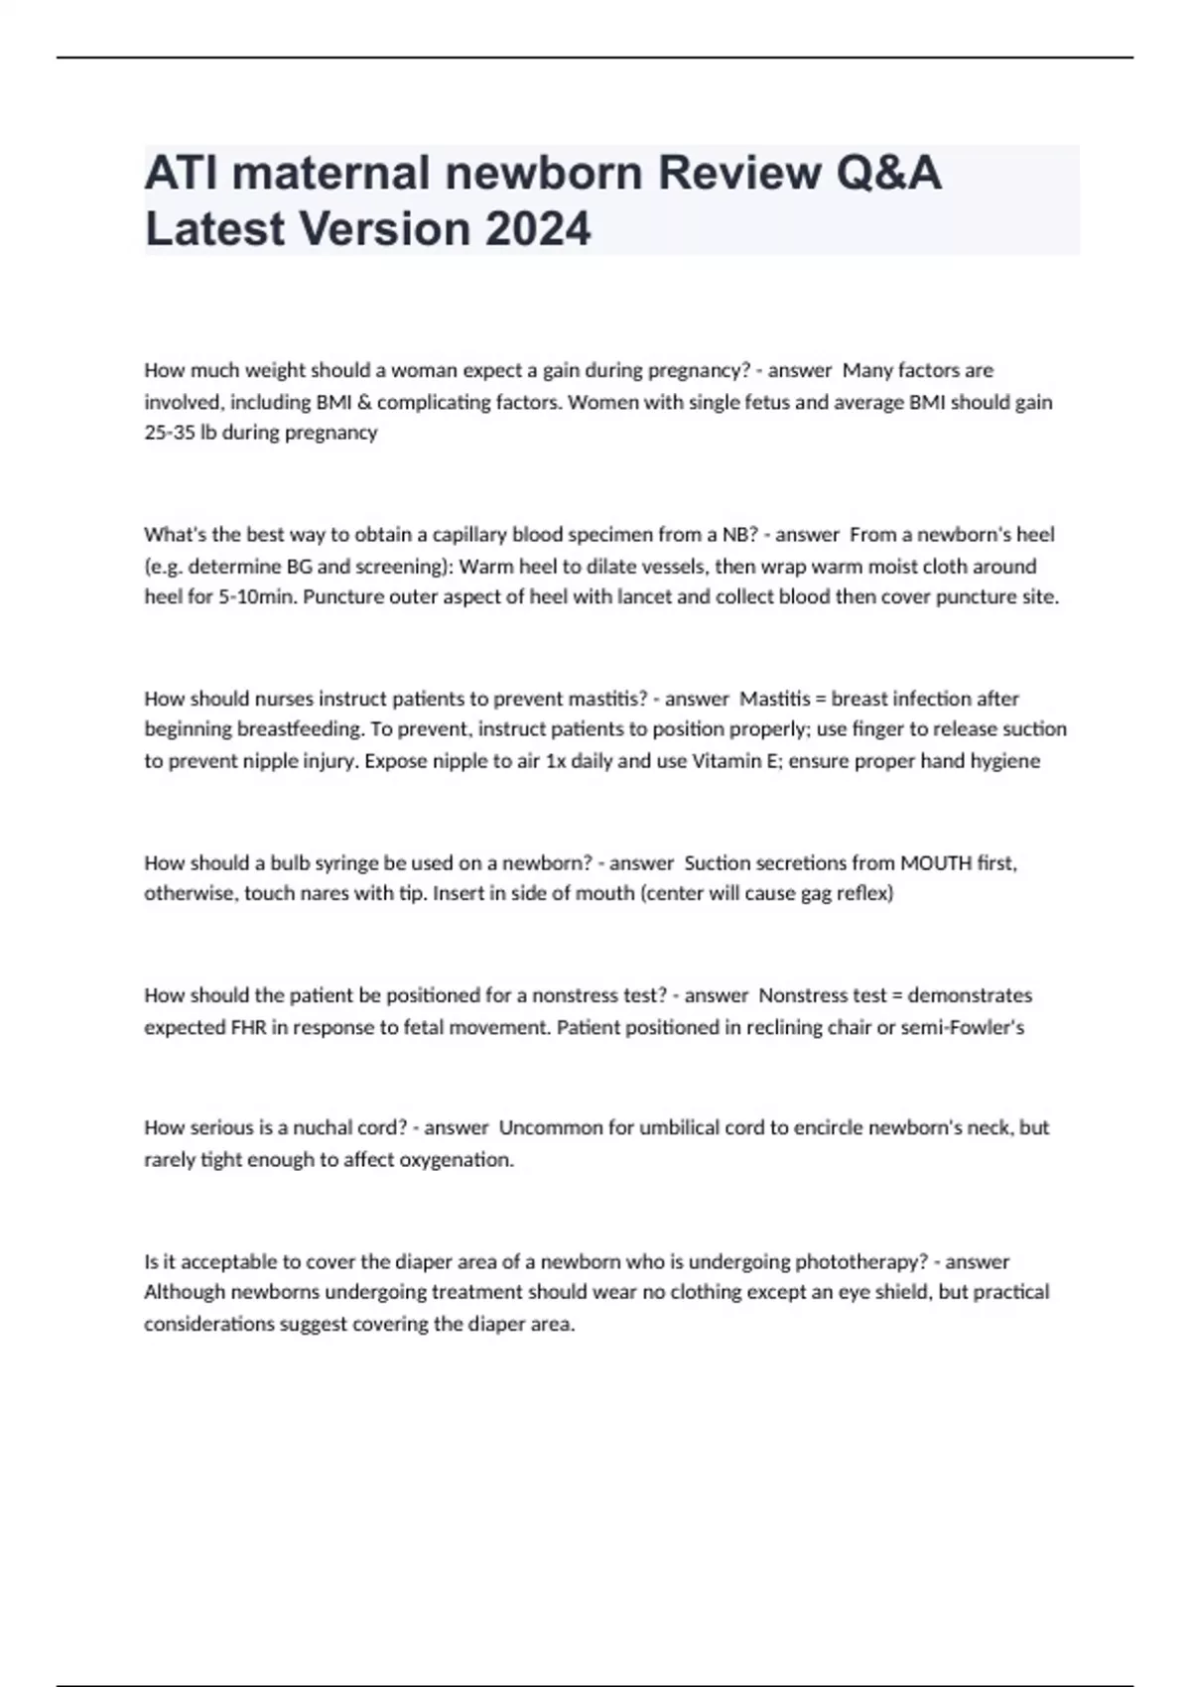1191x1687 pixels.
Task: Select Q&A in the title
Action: (888, 173)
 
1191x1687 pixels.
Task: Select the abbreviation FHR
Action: (248, 1027)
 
